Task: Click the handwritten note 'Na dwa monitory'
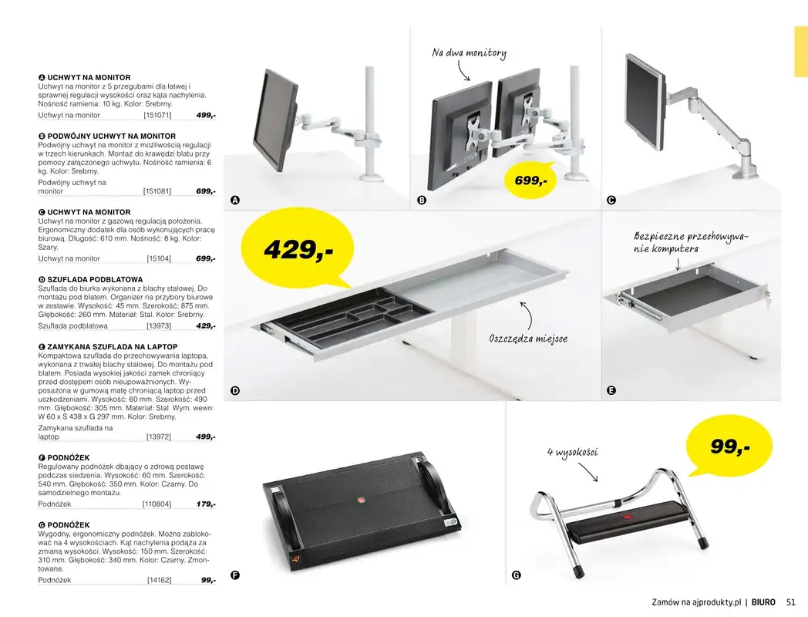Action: (x=469, y=53)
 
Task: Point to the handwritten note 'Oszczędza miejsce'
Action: (x=523, y=339)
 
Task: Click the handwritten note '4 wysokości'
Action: (x=572, y=452)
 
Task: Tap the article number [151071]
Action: (x=157, y=115)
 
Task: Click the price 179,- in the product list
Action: (x=205, y=504)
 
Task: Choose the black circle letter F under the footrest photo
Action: (x=235, y=575)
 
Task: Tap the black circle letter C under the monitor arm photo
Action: (x=611, y=201)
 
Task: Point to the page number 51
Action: (x=790, y=602)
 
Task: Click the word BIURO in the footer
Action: (x=763, y=602)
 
